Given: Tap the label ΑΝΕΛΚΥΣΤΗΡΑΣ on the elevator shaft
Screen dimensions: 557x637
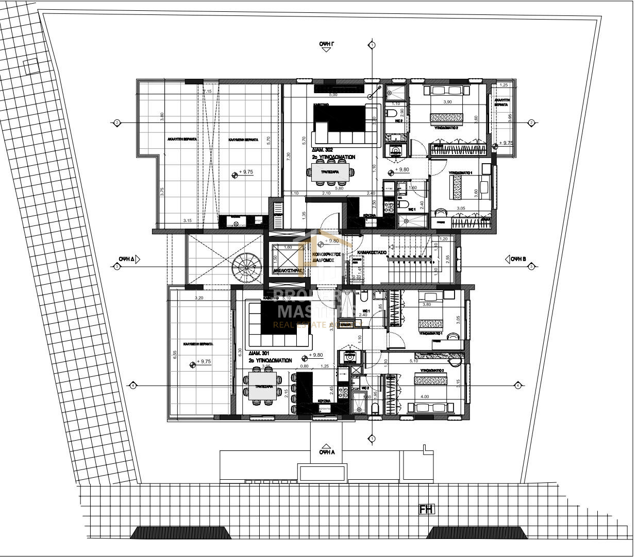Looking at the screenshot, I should [287, 269].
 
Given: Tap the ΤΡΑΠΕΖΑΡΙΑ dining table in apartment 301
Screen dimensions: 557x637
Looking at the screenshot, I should [263, 386].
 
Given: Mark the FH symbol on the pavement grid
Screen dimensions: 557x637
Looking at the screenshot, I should [427, 510].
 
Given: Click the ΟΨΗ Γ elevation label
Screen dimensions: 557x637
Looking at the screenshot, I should [327, 45].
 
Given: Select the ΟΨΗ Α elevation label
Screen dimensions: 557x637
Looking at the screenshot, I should [327, 452].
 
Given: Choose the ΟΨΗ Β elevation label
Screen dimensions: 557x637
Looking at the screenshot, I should [517, 259].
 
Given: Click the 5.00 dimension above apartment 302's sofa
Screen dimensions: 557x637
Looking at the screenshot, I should [333, 95].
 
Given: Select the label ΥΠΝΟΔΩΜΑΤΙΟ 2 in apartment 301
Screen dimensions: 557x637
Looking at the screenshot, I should [432, 370].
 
